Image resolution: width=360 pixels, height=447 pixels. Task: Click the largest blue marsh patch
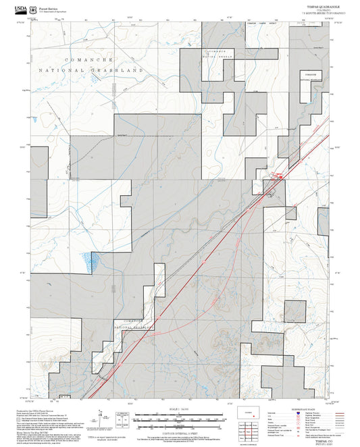pos(90,257)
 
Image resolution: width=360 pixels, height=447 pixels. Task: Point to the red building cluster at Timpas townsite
pos(278,177)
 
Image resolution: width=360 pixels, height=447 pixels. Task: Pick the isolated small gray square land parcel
pos(295,312)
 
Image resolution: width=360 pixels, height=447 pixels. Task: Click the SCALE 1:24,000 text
pos(179,410)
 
